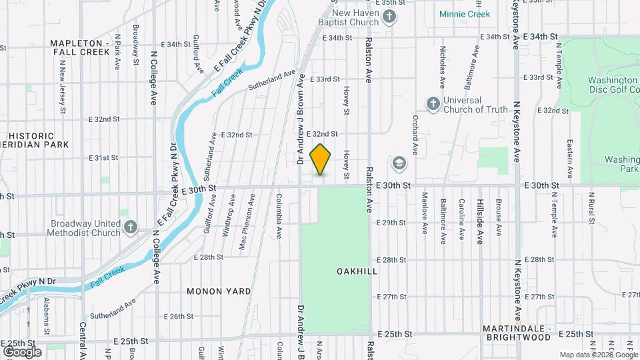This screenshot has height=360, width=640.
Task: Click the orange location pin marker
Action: (321, 159)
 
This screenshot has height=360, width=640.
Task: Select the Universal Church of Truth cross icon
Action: (433, 103)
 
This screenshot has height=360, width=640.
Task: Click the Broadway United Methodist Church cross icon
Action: (130, 227)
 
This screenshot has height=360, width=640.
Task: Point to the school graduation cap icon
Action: (399, 163)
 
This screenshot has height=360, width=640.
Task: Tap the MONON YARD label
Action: (219, 291)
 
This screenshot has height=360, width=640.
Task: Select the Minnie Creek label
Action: (465, 14)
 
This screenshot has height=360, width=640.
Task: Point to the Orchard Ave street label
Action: (415, 139)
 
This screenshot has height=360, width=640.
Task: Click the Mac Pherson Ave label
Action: (251, 213)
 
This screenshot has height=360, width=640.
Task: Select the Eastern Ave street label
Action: (570, 159)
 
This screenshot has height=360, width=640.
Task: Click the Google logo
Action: (22, 351)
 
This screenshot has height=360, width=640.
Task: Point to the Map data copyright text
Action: (598, 355)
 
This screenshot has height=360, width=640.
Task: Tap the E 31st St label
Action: (103, 158)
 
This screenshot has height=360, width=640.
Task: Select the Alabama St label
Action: (47, 317)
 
